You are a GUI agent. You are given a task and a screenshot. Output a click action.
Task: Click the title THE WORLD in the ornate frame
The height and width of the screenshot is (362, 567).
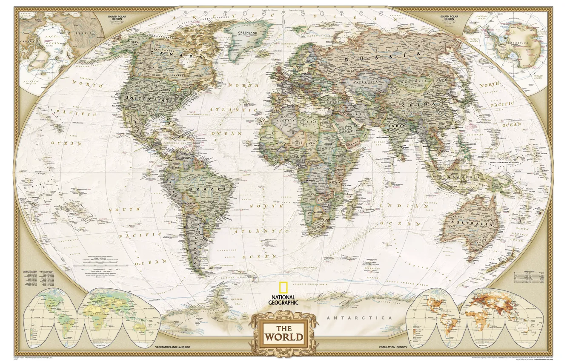click(284, 333)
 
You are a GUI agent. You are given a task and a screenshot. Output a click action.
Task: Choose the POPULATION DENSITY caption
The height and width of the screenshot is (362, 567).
click(393, 348)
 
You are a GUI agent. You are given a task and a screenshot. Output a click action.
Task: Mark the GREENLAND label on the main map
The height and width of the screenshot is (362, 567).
click(247, 32)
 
